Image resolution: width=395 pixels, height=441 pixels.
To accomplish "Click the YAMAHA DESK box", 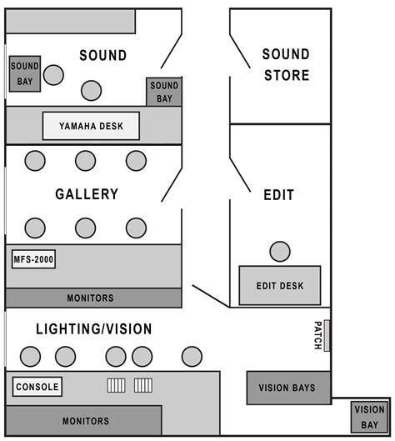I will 92,126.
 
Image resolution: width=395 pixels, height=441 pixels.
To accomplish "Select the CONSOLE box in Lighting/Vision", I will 37,387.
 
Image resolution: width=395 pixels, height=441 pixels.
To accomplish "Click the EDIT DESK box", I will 280,286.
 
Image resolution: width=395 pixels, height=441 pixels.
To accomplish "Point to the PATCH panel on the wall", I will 327,335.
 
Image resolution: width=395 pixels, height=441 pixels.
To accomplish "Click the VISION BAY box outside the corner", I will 368,417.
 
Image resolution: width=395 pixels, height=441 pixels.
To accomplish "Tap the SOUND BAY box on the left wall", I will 24,73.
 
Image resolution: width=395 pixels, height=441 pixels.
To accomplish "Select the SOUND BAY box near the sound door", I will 164,92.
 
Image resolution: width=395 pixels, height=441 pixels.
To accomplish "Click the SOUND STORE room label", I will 286,65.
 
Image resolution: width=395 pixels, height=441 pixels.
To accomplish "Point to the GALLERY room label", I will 87,194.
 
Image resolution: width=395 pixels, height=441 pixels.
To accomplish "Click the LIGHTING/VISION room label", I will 94,329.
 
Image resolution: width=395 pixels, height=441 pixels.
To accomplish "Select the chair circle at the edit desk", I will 280,250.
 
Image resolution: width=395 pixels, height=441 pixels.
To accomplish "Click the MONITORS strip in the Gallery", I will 91,298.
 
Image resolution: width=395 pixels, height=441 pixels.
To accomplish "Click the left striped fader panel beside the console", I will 116,385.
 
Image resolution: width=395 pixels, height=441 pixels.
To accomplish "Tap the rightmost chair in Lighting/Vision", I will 192,356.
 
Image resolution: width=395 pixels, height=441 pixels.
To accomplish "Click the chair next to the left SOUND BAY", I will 53,75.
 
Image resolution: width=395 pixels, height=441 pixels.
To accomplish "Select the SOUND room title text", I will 103,56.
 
